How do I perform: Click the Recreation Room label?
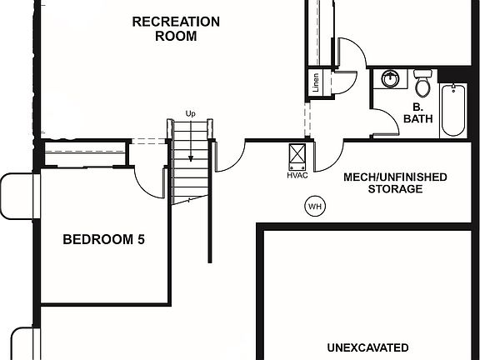pyautogui.click(x=176, y=29)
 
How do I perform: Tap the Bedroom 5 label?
pyautogui.click(x=104, y=239)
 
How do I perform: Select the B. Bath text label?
pyautogui.click(x=417, y=113)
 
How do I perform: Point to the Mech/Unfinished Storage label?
pyautogui.click(x=395, y=182)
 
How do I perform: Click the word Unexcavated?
pyautogui.click(x=367, y=347)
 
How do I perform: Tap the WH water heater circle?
pyautogui.click(x=315, y=207)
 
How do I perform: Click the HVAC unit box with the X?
pyautogui.click(x=297, y=157)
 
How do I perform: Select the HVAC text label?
pyautogui.click(x=297, y=176)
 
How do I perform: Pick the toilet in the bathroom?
pyautogui.click(x=422, y=83)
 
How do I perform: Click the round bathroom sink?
pyautogui.click(x=390, y=79)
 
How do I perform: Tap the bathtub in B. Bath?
pyautogui.click(x=453, y=110)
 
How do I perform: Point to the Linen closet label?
pyautogui.click(x=316, y=82)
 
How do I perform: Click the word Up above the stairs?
pyautogui.click(x=190, y=114)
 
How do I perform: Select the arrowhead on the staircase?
pyautogui.click(x=191, y=158)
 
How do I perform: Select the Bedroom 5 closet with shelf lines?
pyautogui.click(x=85, y=153)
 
